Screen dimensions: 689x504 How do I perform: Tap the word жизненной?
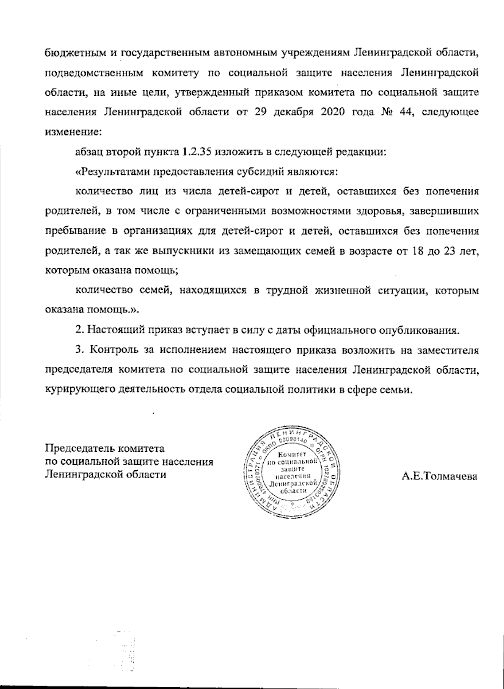click(x=341, y=291)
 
